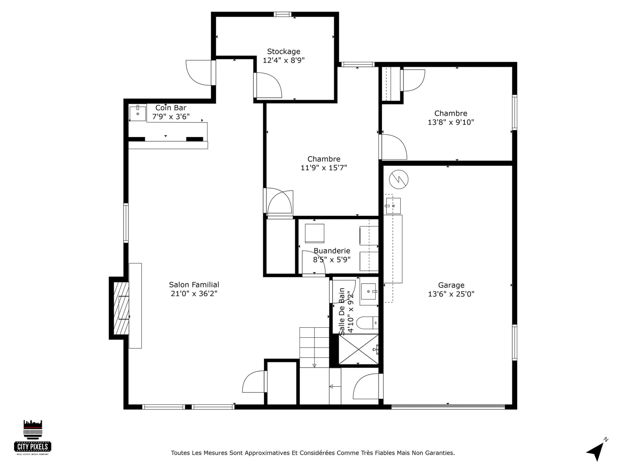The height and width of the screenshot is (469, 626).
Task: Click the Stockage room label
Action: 284,51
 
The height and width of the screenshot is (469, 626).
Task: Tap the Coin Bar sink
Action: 138,113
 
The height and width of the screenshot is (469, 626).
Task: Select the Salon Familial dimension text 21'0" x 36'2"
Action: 194,294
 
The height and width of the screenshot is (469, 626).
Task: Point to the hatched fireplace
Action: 121,308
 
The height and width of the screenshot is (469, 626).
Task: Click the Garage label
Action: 451,285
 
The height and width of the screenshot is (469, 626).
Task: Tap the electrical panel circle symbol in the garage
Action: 399,179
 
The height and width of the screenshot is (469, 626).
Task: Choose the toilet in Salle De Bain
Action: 367,323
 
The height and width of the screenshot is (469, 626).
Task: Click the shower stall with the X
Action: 359,349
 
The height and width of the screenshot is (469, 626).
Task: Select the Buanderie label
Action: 332,251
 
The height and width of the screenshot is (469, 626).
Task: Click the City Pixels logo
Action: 33,437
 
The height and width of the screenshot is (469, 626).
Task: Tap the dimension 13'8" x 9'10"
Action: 451,122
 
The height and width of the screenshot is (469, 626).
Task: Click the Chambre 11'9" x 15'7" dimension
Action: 324,168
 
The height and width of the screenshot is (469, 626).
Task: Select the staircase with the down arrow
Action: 314,348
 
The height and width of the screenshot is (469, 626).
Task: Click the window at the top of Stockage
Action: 282,14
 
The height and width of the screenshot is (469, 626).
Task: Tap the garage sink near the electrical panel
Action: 393,206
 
